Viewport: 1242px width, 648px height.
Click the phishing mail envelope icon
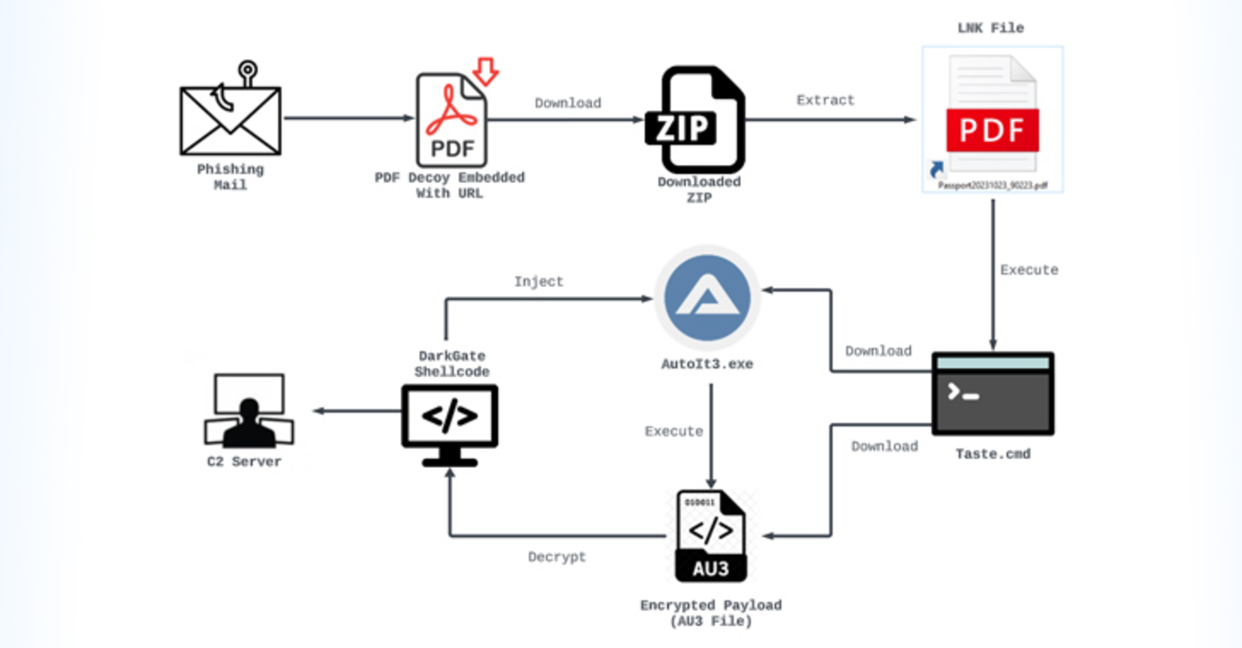click(x=230, y=121)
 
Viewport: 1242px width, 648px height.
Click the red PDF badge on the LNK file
click(x=992, y=130)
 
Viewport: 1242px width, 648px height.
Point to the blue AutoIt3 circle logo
click(x=707, y=298)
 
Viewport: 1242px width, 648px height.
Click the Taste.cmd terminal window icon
click(x=993, y=394)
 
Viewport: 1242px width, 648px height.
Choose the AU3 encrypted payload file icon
click(x=711, y=537)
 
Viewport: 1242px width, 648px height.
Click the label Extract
click(x=825, y=100)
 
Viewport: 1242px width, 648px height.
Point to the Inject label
click(x=538, y=282)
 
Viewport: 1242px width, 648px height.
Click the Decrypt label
click(x=557, y=557)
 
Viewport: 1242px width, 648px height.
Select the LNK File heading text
click(x=990, y=28)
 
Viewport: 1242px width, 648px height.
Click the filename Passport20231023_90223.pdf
click(x=993, y=186)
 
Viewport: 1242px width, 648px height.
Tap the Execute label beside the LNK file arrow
click(x=1029, y=270)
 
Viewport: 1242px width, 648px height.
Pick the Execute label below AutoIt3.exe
click(x=674, y=432)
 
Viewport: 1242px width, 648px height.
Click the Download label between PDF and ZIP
click(x=568, y=103)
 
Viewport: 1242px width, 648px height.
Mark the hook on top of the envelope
click(x=247, y=72)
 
